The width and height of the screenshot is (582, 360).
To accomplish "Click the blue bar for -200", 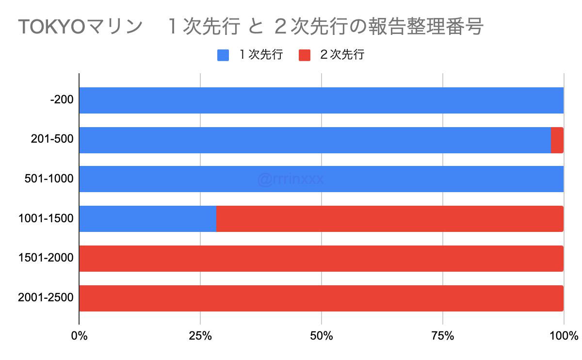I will [x=321, y=100].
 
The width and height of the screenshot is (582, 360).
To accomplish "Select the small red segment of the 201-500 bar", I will [x=557, y=140].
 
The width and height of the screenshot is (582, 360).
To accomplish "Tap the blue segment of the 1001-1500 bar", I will [x=147, y=219].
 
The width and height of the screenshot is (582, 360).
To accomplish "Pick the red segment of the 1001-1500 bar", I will [x=389, y=219].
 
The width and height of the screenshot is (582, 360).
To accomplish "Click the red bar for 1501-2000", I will [x=321, y=259].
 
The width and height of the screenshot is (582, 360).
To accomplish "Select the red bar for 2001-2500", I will [x=321, y=298].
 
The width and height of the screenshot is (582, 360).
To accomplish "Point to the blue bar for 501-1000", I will [x=321, y=179].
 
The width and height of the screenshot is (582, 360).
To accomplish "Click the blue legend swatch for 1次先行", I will [x=223, y=55].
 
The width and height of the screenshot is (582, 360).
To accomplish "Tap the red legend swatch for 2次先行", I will [x=304, y=55].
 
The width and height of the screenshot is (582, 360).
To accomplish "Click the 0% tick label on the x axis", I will [x=79, y=335].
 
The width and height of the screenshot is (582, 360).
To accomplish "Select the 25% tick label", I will [x=200, y=335].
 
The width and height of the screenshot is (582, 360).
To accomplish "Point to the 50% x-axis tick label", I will [x=322, y=335].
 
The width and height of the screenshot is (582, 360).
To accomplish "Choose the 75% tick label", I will [x=442, y=335].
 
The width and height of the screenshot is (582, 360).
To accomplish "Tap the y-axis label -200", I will [x=62, y=100].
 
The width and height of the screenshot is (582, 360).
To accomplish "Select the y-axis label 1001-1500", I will [x=46, y=219].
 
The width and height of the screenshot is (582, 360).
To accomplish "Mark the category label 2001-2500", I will [x=46, y=298].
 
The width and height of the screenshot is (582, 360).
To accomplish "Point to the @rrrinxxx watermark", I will [x=291, y=180].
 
